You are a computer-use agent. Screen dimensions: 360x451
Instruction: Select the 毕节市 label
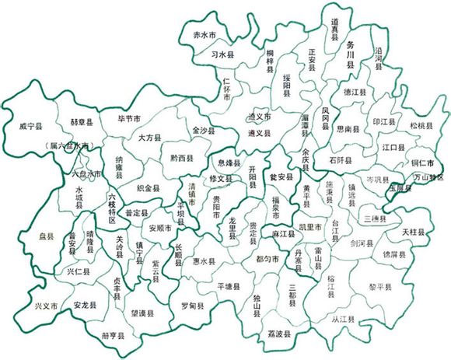click(129, 119)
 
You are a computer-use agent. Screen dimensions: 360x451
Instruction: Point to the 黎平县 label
click(379, 286)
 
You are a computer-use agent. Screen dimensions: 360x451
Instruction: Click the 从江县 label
click(338, 318)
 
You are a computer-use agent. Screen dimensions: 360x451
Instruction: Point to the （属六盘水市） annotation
click(72, 145)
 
